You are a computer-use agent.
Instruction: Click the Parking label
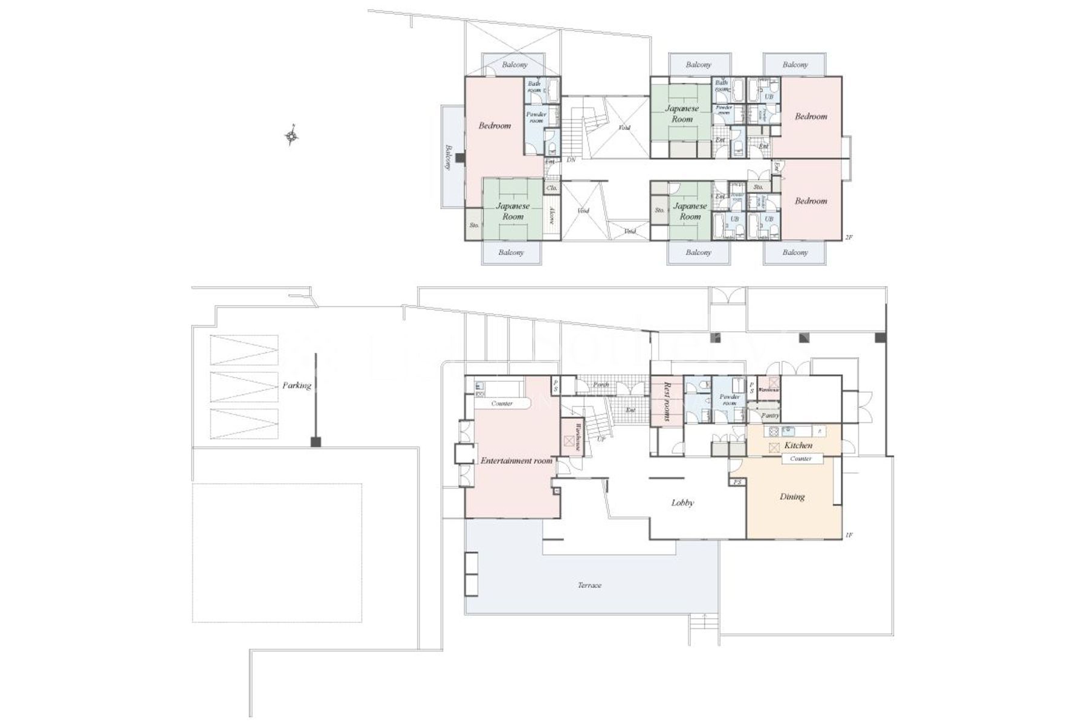[296, 385]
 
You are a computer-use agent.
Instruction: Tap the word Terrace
[589, 585]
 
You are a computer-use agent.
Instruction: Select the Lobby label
[682, 503]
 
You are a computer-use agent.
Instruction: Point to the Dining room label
[792, 497]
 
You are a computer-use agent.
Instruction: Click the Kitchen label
[798, 445]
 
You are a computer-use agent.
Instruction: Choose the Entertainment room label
[516, 460]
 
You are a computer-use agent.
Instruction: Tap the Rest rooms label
[667, 401]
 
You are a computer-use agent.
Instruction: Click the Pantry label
[769, 416]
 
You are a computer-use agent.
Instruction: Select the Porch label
[600, 385]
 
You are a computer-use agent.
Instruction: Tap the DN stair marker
[571, 160]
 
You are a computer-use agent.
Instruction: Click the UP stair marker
[601, 439]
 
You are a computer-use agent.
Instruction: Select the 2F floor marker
[848, 237]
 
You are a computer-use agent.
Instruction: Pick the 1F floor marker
[848, 535]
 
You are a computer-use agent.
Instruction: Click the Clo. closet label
[551, 188]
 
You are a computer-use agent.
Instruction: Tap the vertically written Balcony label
[448, 156]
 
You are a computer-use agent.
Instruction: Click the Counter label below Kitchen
[800, 459]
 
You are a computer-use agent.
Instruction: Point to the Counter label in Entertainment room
[502, 403]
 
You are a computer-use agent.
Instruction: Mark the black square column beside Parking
[315, 442]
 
